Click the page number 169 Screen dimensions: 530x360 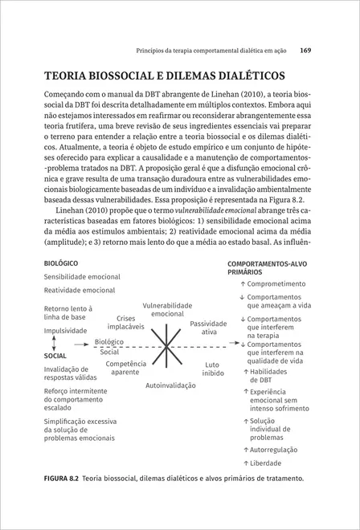(305, 50)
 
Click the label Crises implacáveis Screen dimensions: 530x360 (126, 323)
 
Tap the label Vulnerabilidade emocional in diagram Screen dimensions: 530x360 (167, 309)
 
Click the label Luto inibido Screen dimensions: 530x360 (213, 369)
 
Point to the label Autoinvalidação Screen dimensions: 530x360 (170, 385)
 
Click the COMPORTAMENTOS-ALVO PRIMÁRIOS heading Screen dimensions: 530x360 (265, 267)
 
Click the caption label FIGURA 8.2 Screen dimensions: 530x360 (63, 479)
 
